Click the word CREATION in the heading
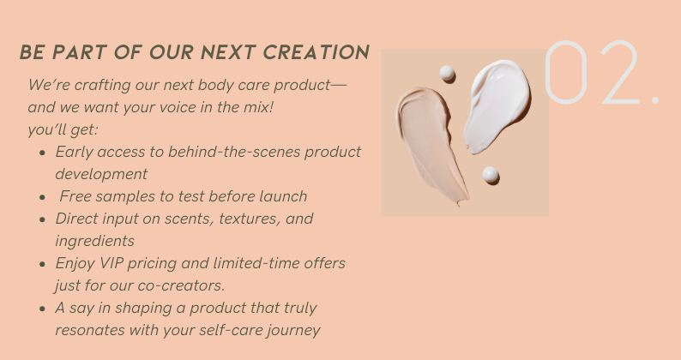(316, 52)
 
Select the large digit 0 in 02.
(566, 72)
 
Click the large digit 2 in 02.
(620, 72)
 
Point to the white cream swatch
(497, 106)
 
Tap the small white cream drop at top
(447, 73)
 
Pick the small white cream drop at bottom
(490, 175)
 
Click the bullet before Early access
(42, 153)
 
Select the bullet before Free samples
(42, 197)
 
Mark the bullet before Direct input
(42, 219)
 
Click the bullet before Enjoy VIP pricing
(42, 264)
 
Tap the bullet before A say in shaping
(42, 309)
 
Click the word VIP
(111, 263)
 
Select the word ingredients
(94, 241)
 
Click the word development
(101, 174)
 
